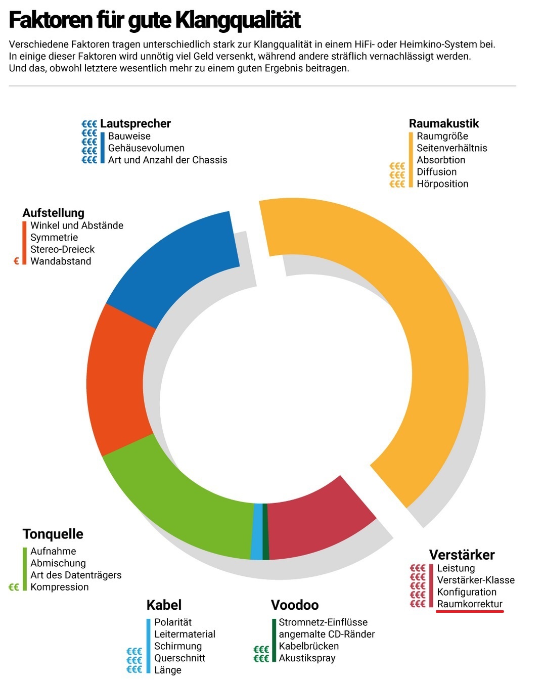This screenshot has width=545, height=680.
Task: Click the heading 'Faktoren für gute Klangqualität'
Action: click(x=155, y=20)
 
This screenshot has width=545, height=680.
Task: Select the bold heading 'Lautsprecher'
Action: click(x=135, y=123)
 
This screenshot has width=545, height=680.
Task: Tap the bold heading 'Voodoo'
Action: click(x=295, y=605)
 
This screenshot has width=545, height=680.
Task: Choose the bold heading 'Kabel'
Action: click(x=164, y=605)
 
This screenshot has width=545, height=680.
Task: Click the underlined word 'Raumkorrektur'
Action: click(x=470, y=604)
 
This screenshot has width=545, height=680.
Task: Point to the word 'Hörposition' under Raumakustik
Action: click(x=442, y=184)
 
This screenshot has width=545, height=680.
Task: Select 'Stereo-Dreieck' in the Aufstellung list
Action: click(x=63, y=249)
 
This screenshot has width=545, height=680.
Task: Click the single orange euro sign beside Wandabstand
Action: click(x=16, y=261)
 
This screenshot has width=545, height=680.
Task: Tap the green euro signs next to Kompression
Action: click(x=14, y=587)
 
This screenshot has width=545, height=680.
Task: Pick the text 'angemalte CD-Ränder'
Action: click(x=327, y=634)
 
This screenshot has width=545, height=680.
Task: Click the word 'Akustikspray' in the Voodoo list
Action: click(x=307, y=658)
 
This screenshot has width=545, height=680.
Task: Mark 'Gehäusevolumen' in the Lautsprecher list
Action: click(x=146, y=148)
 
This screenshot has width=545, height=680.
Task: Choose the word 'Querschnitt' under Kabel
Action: click(x=180, y=658)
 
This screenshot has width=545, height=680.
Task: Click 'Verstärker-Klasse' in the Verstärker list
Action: click(x=476, y=580)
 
